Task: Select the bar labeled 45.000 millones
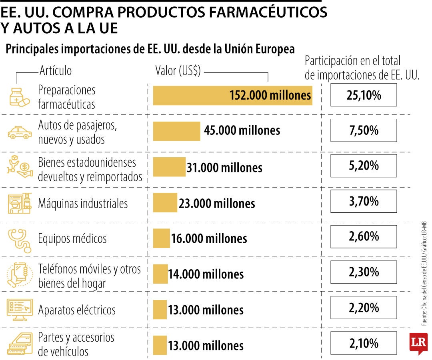pos(176,131)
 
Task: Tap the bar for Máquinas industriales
pos(165,203)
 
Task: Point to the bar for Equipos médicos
pos(161,238)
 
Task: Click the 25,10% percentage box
pos(364,95)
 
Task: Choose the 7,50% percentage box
pos(364,131)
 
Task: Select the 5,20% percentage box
pos(364,166)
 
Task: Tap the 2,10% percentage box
pos(364,343)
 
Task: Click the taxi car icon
pos(20,132)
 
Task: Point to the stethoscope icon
pos(20,239)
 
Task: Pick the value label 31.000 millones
pos(224,168)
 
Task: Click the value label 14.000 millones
pos(206,274)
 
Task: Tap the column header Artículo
pos(56,71)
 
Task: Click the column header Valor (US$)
pos(178,71)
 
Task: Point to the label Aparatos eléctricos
pos(77,310)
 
